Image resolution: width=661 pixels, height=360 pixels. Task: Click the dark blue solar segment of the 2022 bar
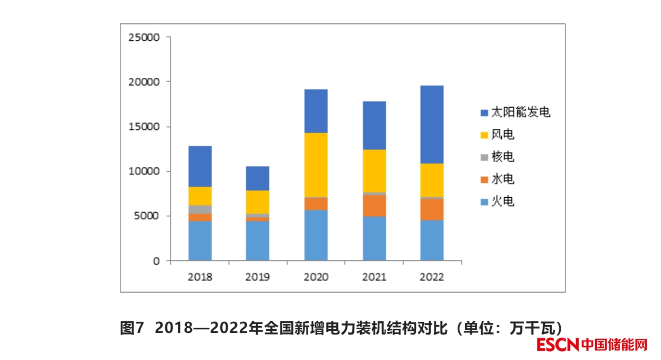click(432, 124)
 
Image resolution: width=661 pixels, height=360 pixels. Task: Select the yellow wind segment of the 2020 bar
click(316, 164)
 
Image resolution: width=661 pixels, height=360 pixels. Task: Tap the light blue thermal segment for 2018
click(200, 241)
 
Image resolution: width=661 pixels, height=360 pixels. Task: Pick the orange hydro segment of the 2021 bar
click(374, 206)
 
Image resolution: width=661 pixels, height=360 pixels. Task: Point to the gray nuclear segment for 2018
click(200, 209)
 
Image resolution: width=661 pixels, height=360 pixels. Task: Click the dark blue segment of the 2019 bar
click(258, 178)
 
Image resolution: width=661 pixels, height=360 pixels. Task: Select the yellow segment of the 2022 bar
click(432, 180)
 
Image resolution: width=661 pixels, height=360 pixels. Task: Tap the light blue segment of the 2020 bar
click(316, 235)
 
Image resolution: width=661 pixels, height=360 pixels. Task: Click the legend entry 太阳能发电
click(515, 112)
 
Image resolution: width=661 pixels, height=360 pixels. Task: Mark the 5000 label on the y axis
click(147, 216)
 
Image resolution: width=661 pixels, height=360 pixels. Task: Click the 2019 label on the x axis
click(258, 277)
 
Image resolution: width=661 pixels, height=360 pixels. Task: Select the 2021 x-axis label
click(374, 277)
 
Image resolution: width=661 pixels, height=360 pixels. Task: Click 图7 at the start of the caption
click(133, 328)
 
